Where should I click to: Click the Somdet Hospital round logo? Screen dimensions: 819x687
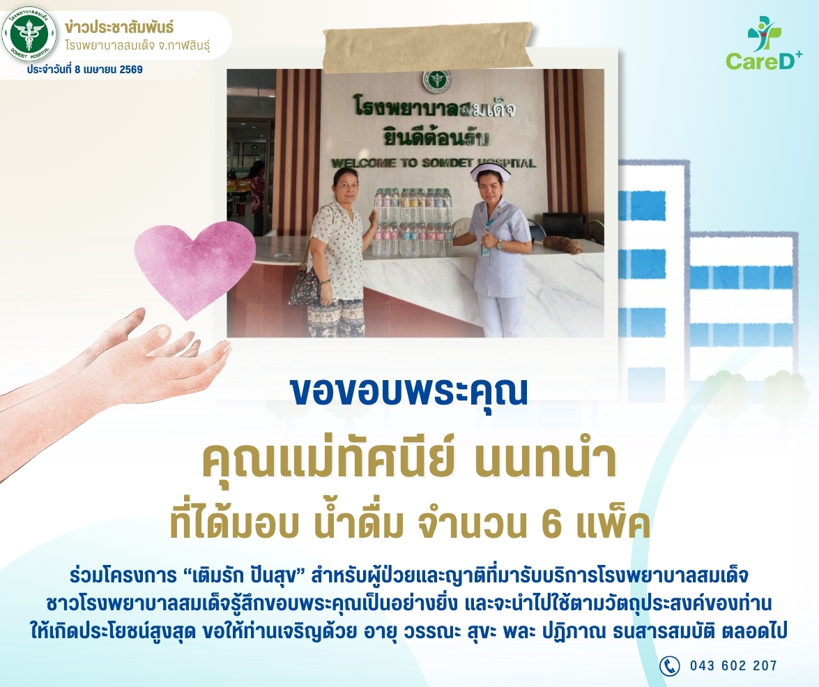point(29,34)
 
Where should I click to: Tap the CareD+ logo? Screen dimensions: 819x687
point(764,43)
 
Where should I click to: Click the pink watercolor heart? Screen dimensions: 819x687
point(194,267)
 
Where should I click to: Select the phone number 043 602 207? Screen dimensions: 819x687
point(733,665)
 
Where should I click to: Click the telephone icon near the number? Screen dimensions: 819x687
point(669,665)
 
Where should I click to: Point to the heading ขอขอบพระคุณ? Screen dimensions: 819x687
point(409,391)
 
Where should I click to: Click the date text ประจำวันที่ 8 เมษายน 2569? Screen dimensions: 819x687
point(85,70)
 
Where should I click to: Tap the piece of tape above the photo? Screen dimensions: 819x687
point(428,47)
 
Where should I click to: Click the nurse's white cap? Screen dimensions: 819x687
point(489,170)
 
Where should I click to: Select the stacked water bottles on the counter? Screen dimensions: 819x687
point(412,222)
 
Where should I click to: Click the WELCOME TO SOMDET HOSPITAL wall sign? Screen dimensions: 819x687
point(434,163)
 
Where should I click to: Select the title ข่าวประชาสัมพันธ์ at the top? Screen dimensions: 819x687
point(119,27)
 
